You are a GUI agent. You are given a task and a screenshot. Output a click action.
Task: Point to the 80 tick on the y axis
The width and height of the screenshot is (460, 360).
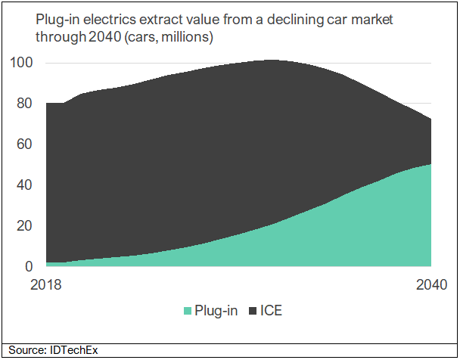tap(24, 104)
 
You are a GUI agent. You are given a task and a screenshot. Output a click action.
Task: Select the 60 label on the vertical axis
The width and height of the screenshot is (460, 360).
tap(24, 144)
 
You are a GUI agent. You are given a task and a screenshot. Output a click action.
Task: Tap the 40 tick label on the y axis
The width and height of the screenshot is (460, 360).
tap(24, 185)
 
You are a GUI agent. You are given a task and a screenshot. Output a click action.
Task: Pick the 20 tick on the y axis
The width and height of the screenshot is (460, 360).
tap(24, 226)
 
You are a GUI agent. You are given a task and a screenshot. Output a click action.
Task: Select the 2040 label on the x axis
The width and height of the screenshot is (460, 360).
tap(430, 285)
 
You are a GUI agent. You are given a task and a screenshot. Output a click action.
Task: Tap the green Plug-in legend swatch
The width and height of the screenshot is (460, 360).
tap(187, 311)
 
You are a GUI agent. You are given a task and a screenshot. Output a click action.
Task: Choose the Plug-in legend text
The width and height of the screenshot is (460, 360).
tap(216, 311)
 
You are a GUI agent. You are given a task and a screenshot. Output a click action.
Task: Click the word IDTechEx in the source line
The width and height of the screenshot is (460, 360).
tap(74, 350)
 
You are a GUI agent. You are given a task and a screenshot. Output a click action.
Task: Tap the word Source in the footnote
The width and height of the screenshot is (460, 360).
tap(24, 350)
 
